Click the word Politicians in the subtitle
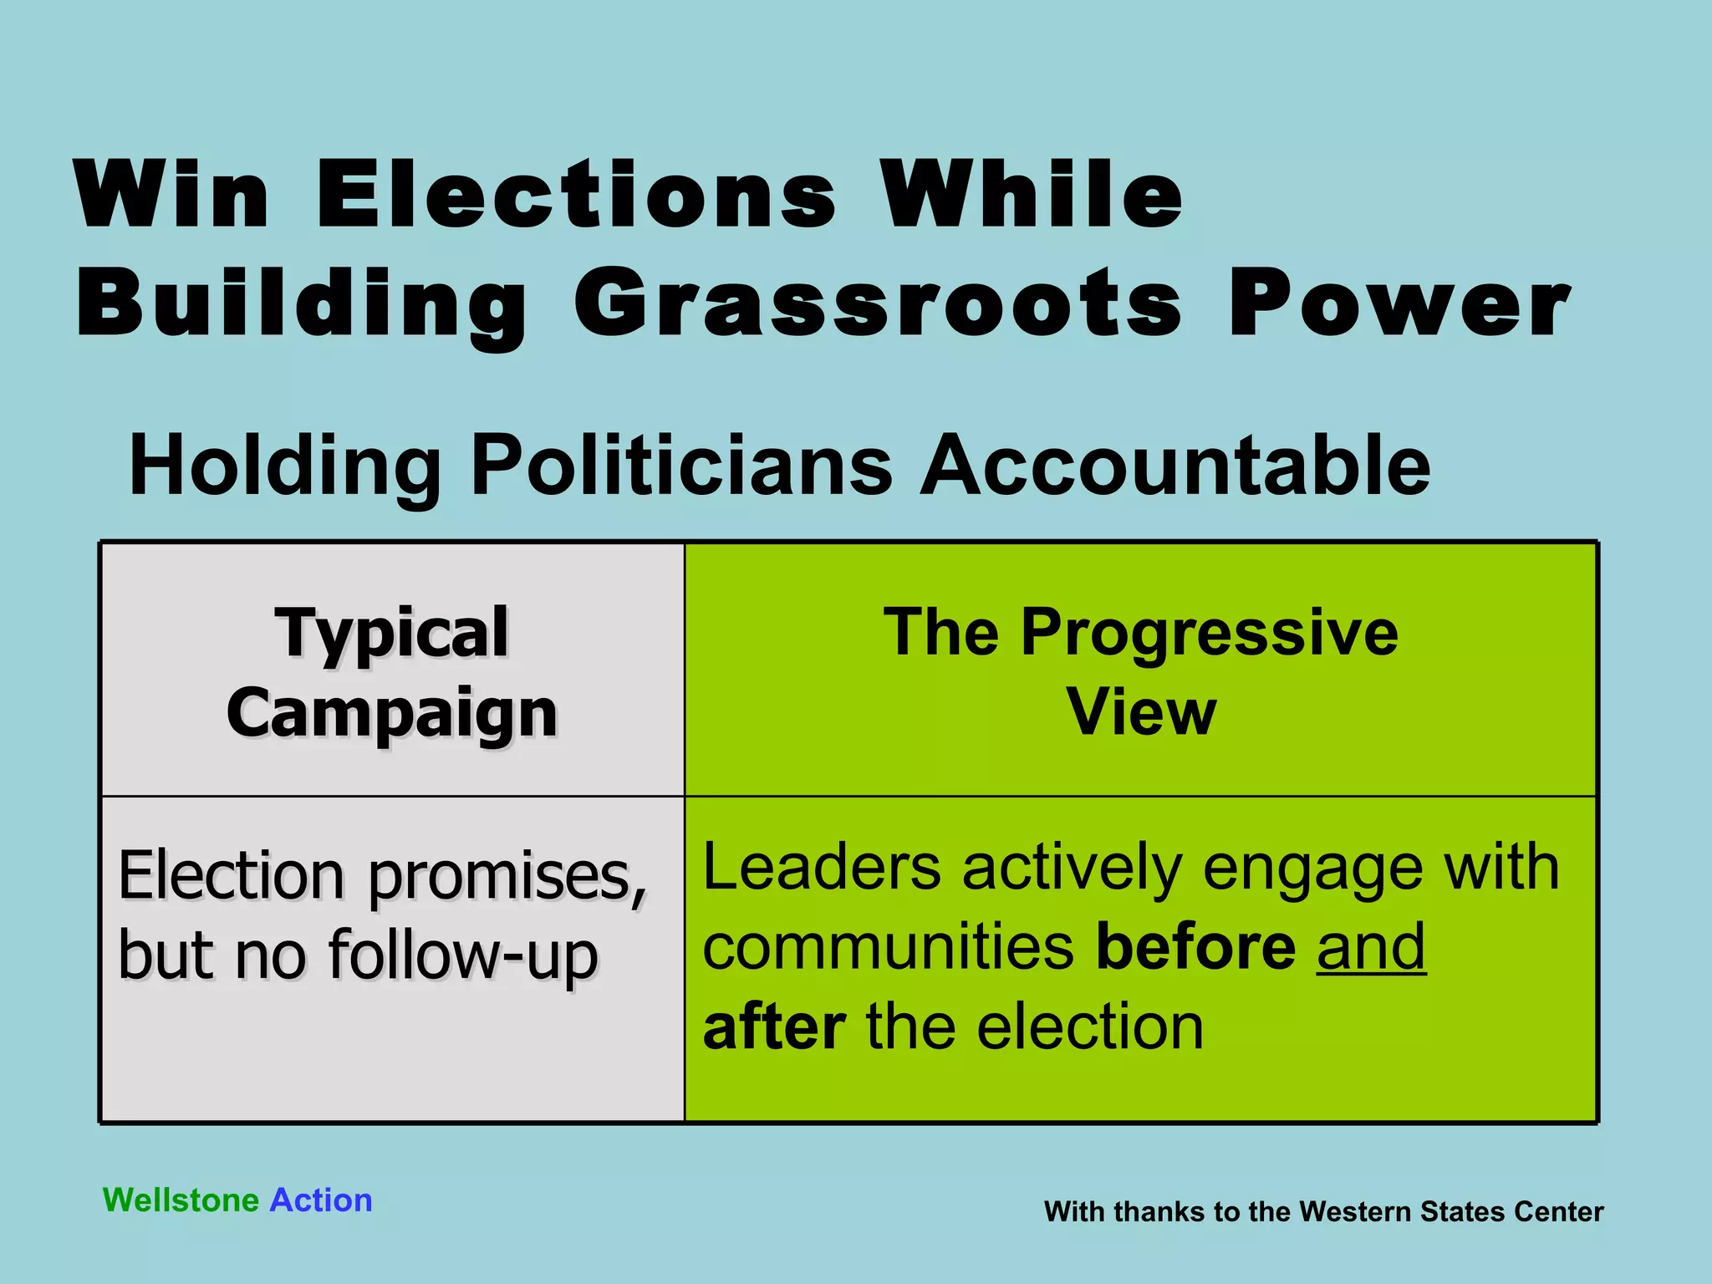coord(681,465)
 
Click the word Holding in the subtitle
coord(284,465)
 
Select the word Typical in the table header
coord(391,633)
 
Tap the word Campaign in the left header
coord(391,713)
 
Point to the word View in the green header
coord(1141,712)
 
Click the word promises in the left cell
coord(507,876)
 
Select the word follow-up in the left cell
coord(464,955)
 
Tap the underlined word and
coord(1371,947)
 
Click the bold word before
coord(1196,947)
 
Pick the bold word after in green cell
coord(774,1027)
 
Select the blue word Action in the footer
coord(321,1200)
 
